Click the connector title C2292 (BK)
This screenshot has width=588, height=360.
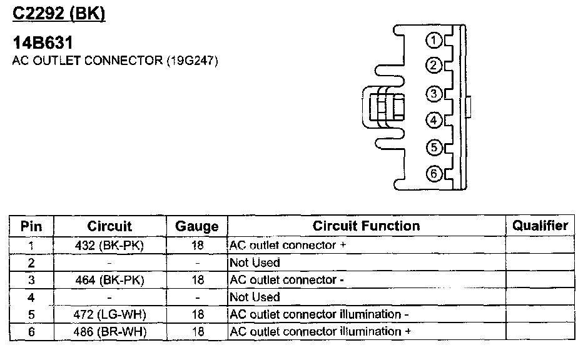59,12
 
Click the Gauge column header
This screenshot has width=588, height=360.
197,226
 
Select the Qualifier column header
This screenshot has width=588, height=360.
540,226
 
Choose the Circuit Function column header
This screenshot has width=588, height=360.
366,226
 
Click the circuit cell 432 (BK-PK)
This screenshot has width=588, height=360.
109,246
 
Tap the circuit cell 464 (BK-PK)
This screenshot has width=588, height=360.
109,280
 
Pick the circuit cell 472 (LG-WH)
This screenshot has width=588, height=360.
109,314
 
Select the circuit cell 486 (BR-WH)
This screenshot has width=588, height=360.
109,331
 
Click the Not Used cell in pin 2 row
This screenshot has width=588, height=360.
255,262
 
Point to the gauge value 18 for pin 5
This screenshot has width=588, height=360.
197,314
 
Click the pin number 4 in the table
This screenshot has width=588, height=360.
31,297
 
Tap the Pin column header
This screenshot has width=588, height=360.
31,226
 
